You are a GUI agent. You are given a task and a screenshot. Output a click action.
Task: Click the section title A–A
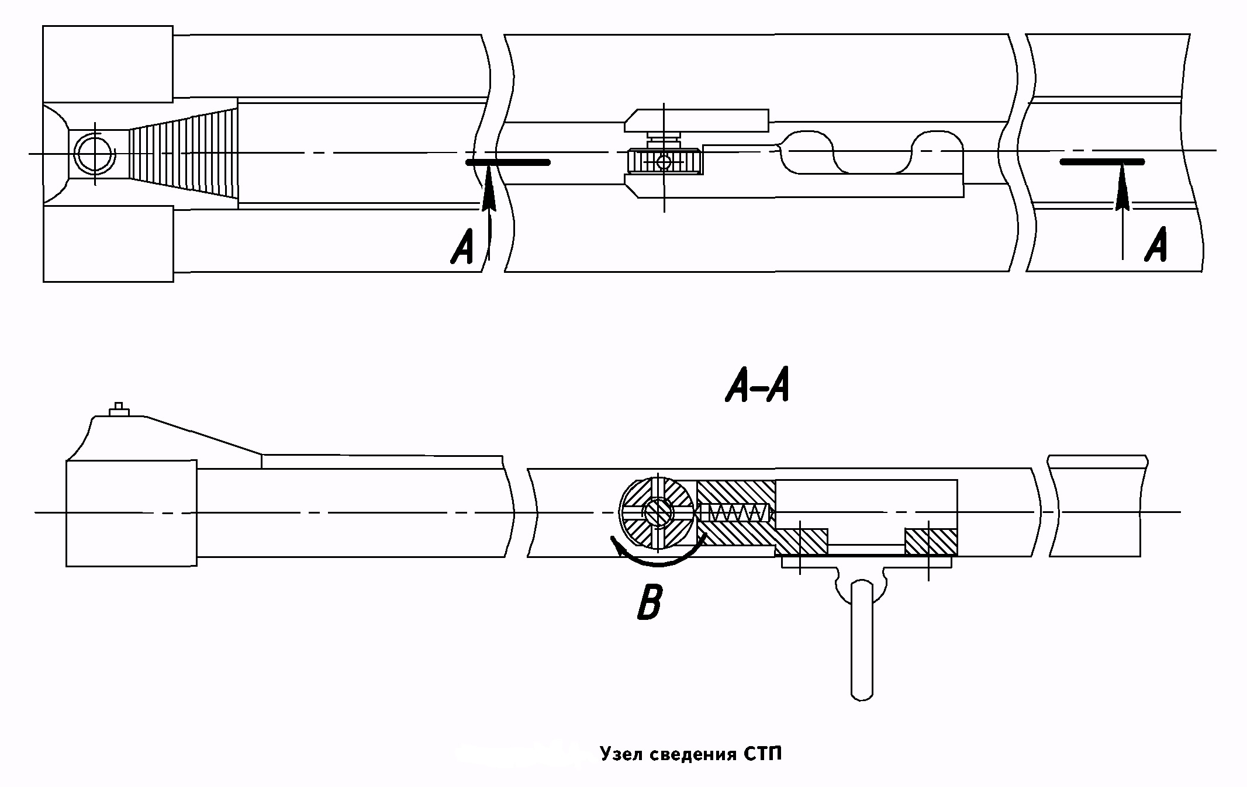[x=757, y=387]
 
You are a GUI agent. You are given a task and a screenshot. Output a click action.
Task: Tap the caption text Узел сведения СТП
[x=690, y=754]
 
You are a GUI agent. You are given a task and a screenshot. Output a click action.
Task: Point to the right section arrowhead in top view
[x=1122, y=190]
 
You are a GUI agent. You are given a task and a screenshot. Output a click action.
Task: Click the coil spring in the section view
[x=735, y=513]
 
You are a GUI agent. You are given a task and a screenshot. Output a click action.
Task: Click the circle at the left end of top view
[x=94, y=153]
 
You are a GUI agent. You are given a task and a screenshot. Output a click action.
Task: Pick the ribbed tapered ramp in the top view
[x=184, y=153]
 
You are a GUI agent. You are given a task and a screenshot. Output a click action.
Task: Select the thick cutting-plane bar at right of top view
[x=1102, y=161]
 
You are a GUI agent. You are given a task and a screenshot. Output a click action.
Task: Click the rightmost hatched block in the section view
[x=931, y=542]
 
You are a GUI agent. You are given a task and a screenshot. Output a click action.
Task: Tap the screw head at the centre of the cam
[x=657, y=512]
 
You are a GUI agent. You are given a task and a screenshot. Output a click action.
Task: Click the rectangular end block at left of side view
[x=131, y=512]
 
